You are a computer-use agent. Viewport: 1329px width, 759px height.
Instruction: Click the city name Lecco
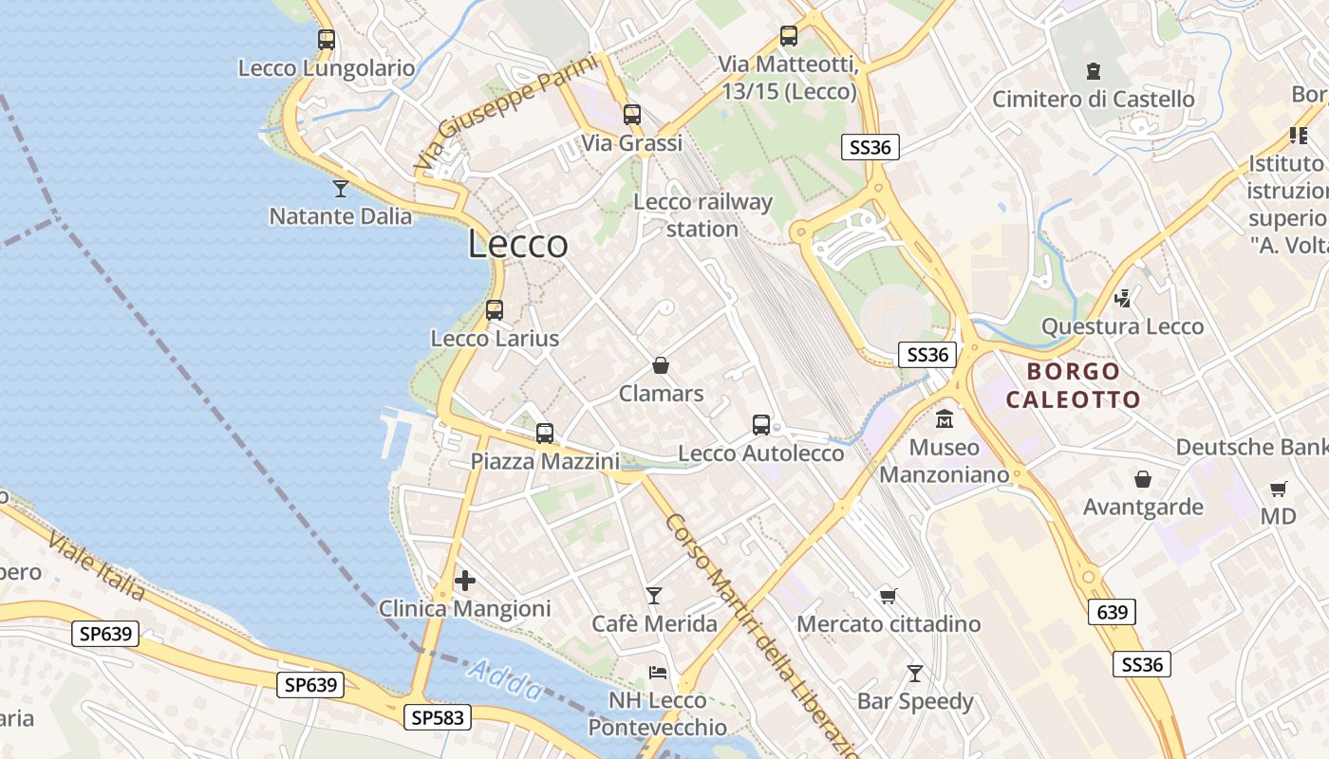(x=518, y=245)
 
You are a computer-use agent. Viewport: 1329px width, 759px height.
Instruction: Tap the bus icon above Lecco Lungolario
(x=327, y=40)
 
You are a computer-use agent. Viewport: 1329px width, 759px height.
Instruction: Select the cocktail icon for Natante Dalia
(x=341, y=188)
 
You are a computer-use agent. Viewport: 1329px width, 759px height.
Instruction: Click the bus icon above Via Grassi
(x=632, y=115)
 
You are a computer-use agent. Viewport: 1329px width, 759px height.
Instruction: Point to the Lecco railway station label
(x=702, y=215)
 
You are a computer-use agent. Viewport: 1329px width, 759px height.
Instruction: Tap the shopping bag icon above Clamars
(x=661, y=365)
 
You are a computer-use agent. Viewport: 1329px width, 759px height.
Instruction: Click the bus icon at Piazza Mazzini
(x=545, y=434)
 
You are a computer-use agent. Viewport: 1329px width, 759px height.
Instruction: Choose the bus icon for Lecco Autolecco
(x=761, y=425)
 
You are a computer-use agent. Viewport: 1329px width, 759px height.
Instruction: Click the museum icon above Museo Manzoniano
(x=945, y=418)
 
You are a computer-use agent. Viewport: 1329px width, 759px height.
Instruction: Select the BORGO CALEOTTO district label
(x=1073, y=385)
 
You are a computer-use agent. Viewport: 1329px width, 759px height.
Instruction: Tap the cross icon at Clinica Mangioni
(x=465, y=581)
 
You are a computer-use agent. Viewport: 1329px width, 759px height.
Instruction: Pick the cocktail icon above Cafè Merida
(x=654, y=596)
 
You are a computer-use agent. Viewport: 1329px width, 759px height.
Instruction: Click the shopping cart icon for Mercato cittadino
(x=888, y=596)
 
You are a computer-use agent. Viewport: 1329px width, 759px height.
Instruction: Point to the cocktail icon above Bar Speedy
(x=915, y=674)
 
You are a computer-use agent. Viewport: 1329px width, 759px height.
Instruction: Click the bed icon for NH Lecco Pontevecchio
(x=658, y=673)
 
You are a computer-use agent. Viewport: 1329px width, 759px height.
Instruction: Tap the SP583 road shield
(x=438, y=717)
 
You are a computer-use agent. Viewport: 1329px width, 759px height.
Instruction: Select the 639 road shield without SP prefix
(x=1112, y=612)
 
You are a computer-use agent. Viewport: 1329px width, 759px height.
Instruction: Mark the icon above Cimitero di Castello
(x=1094, y=70)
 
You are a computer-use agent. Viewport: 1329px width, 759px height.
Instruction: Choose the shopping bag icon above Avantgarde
(x=1143, y=479)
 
